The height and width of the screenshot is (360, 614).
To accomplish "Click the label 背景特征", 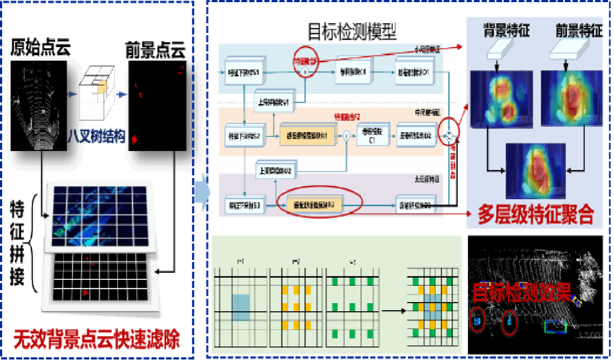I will point(506,31).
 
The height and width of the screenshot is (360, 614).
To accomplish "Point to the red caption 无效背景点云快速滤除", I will point(96,339).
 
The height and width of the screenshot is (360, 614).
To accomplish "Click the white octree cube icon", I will point(96,92).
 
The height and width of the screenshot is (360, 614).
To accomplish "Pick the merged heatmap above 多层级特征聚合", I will point(535,171).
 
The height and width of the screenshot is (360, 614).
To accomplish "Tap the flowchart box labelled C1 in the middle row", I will point(373,136).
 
